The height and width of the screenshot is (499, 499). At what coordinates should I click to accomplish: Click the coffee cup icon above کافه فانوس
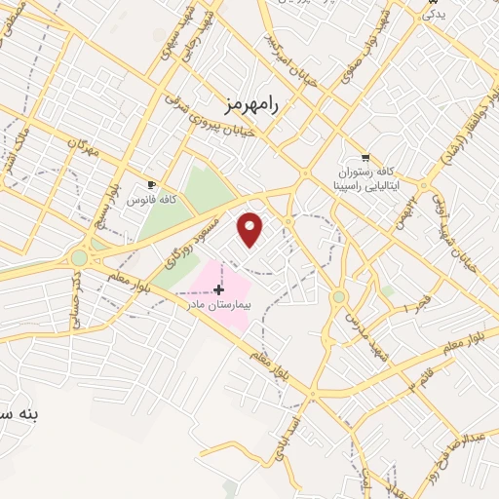point(151,184)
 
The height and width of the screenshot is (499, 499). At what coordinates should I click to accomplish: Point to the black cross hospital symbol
point(218,288)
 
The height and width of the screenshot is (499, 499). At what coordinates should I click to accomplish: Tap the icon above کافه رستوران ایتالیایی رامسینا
point(365,157)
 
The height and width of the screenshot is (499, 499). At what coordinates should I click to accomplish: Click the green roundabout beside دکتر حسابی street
point(78,258)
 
